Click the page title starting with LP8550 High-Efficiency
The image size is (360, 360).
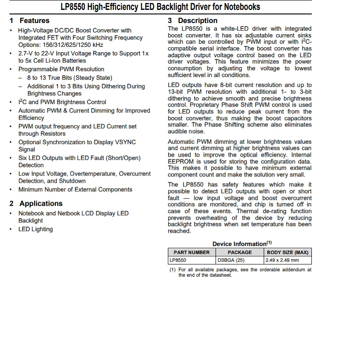(x=160, y=7)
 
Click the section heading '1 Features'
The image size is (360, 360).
(x=30, y=21)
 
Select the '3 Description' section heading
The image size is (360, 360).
(x=193, y=21)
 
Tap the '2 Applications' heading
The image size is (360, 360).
(x=36, y=204)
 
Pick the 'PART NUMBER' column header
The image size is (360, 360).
(x=192, y=252)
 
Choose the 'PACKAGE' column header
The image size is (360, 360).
(x=239, y=252)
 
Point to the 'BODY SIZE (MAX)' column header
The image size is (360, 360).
(x=288, y=252)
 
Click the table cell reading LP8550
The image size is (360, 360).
(x=178, y=260)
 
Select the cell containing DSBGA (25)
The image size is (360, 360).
(x=231, y=260)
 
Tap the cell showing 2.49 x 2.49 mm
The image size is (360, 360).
(x=283, y=260)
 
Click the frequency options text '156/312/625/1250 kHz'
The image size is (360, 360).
(x=61, y=45)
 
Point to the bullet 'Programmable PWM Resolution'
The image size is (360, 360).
(x=61, y=69)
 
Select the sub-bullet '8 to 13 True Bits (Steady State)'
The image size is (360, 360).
(x=70, y=78)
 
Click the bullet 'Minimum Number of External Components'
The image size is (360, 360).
(x=75, y=189)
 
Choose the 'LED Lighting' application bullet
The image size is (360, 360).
(x=36, y=229)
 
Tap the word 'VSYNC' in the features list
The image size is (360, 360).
(x=126, y=142)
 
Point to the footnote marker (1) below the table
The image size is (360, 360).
(x=172, y=270)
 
